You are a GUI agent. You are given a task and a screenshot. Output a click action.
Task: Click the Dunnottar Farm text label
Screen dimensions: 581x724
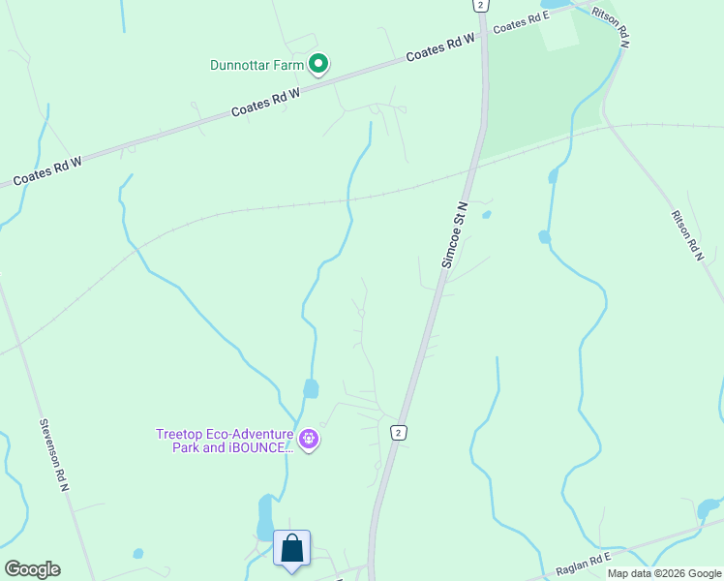(x=257, y=66)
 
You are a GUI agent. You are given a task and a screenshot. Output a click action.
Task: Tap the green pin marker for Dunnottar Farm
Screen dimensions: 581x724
(x=318, y=65)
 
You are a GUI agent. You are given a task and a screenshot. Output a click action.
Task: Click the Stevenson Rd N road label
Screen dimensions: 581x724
(x=54, y=455)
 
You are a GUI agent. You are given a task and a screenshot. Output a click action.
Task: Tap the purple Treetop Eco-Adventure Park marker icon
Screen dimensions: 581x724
(x=309, y=440)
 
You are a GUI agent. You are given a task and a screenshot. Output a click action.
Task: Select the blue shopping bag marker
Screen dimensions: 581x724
(x=291, y=549)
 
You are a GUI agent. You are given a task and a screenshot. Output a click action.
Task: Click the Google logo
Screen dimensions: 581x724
(x=32, y=569)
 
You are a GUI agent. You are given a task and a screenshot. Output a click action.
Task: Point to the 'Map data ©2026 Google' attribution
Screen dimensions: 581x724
(x=665, y=573)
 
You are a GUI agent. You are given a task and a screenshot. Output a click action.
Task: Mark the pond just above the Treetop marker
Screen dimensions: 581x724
(x=311, y=389)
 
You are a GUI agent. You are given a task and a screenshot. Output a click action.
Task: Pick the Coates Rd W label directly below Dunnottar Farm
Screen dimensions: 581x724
(x=266, y=102)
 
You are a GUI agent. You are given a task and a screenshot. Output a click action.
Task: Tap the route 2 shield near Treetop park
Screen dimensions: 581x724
(x=397, y=432)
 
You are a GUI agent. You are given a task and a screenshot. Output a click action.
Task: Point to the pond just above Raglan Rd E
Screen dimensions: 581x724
(x=709, y=507)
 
